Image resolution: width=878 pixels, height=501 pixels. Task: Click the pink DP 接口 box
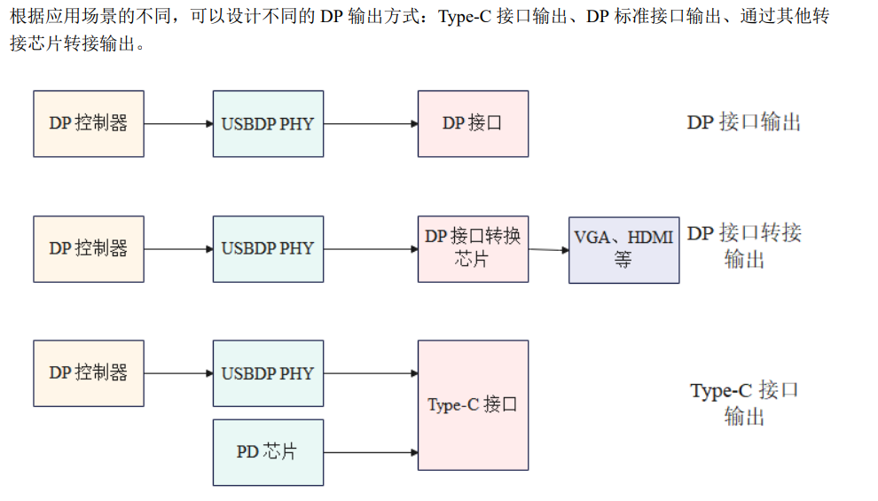coord(473,123)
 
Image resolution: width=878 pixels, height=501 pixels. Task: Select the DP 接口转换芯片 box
coord(473,248)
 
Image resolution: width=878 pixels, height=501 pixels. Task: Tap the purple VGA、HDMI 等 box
coord(623,249)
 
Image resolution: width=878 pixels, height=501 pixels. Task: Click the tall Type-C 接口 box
coord(473,404)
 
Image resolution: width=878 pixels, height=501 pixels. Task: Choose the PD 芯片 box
coord(268,452)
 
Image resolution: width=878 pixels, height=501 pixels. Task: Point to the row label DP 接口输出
coord(743,122)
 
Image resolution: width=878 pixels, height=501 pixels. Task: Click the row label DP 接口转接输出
coord(743,246)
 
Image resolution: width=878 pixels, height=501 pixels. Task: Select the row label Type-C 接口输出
coord(743,403)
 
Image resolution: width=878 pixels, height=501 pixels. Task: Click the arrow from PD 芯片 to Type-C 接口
coord(371,452)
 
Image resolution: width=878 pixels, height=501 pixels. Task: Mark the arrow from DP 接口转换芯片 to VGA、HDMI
coord(548,249)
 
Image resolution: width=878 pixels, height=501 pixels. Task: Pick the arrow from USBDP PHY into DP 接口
coord(371,123)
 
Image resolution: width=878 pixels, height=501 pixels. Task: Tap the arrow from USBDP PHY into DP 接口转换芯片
coord(371,249)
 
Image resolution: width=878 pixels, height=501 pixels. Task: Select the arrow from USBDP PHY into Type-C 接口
coord(371,373)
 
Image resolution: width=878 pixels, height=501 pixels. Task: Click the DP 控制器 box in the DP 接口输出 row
coord(89,123)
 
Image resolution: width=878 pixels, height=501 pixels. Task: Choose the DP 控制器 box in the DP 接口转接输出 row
coord(89,248)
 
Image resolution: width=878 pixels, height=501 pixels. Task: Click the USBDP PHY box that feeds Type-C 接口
coord(268,373)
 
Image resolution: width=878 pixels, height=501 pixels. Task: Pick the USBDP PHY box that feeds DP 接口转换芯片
coord(268,248)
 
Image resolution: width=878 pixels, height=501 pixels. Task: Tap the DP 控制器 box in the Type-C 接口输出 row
coord(89,373)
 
